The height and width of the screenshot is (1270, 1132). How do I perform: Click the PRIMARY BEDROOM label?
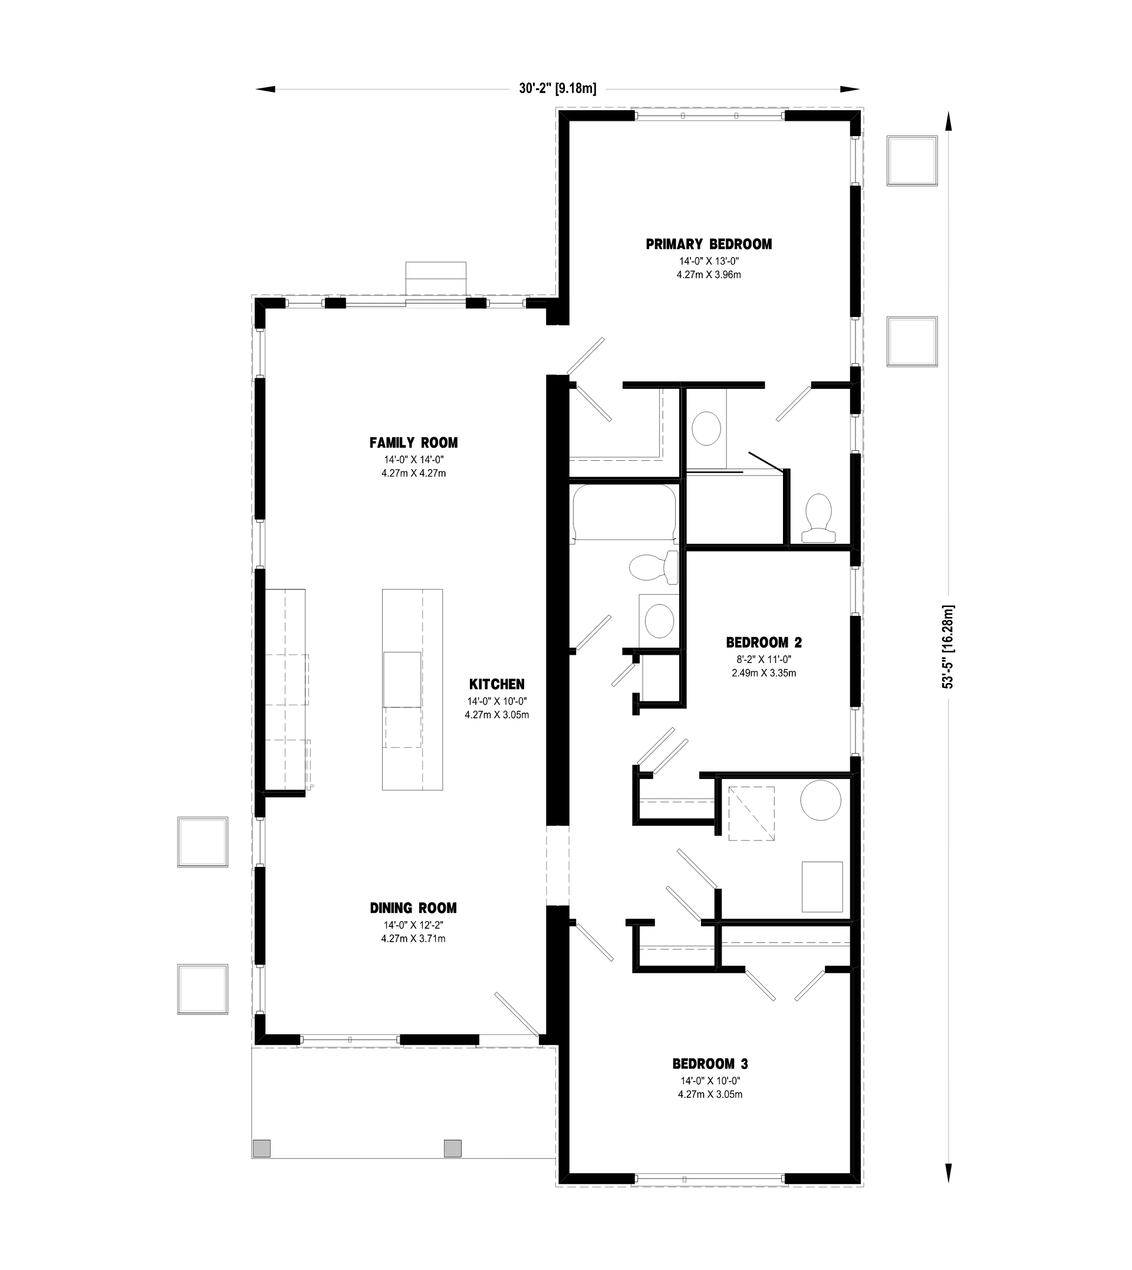click(709, 245)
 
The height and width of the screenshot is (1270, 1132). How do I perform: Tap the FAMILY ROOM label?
click(414, 443)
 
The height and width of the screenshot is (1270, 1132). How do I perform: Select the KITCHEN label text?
click(497, 684)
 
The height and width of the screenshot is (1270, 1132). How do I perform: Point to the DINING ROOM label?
click(414, 908)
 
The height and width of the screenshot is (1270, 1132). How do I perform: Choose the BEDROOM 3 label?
click(710, 1064)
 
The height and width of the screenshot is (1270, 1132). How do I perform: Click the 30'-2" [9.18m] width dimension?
click(558, 88)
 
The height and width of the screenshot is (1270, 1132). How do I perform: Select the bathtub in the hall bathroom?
click(624, 514)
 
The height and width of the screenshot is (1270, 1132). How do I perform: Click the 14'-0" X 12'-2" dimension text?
click(414, 925)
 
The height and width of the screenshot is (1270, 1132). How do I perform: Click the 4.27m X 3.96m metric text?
click(709, 275)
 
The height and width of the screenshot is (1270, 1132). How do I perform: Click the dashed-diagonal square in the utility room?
click(751, 814)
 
